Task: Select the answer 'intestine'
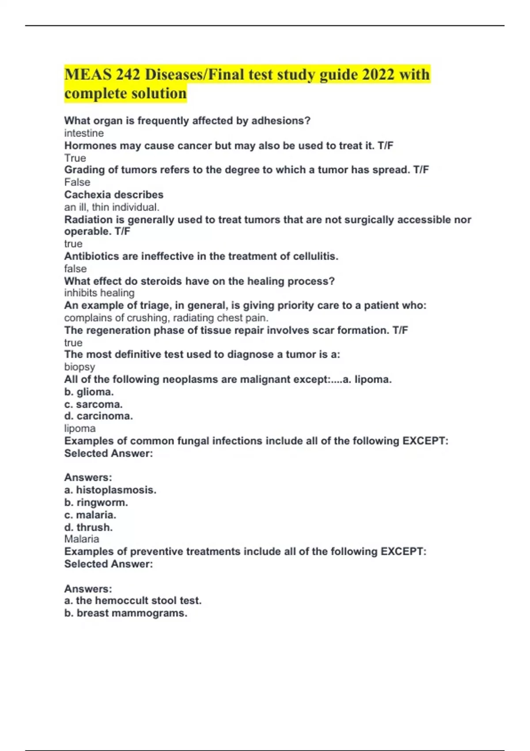(84, 133)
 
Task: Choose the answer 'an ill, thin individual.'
(112, 207)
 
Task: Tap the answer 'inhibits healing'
(99, 293)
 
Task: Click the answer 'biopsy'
(79, 367)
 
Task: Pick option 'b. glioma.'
(89, 392)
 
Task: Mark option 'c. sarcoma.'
(93, 404)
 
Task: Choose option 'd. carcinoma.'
(98, 416)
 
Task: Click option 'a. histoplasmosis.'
(110, 490)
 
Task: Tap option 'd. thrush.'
(88, 527)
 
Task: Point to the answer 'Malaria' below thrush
(82, 539)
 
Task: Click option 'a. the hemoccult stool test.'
(132, 601)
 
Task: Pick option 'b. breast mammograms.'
(125, 613)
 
